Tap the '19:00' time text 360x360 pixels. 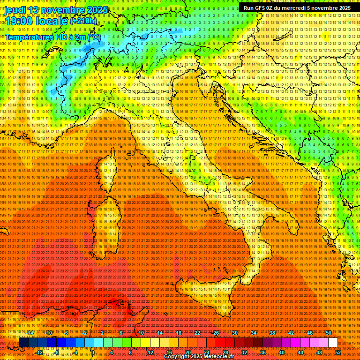pyautogui.click(x=18, y=21)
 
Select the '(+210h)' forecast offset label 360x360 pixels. pyautogui.click(x=83, y=21)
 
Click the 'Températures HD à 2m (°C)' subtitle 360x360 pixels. pyautogui.click(x=52, y=37)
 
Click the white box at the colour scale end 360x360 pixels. pyautogui.click(x=333, y=343)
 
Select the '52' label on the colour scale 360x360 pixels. pyautogui.click(x=338, y=352)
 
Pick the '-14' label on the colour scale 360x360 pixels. pyautogui.click(x=30, y=333)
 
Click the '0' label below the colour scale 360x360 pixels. pyautogui.click(x=93, y=352)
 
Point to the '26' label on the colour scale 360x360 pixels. pyautogui.click(x=216, y=333)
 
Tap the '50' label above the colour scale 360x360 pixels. pyautogui.click(x=329, y=333)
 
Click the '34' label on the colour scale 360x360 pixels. pyautogui.click(x=254, y=333)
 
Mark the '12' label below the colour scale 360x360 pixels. pyautogui.click(x=150, y=352)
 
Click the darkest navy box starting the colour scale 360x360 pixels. pyautogui.click(x=23, y=343)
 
